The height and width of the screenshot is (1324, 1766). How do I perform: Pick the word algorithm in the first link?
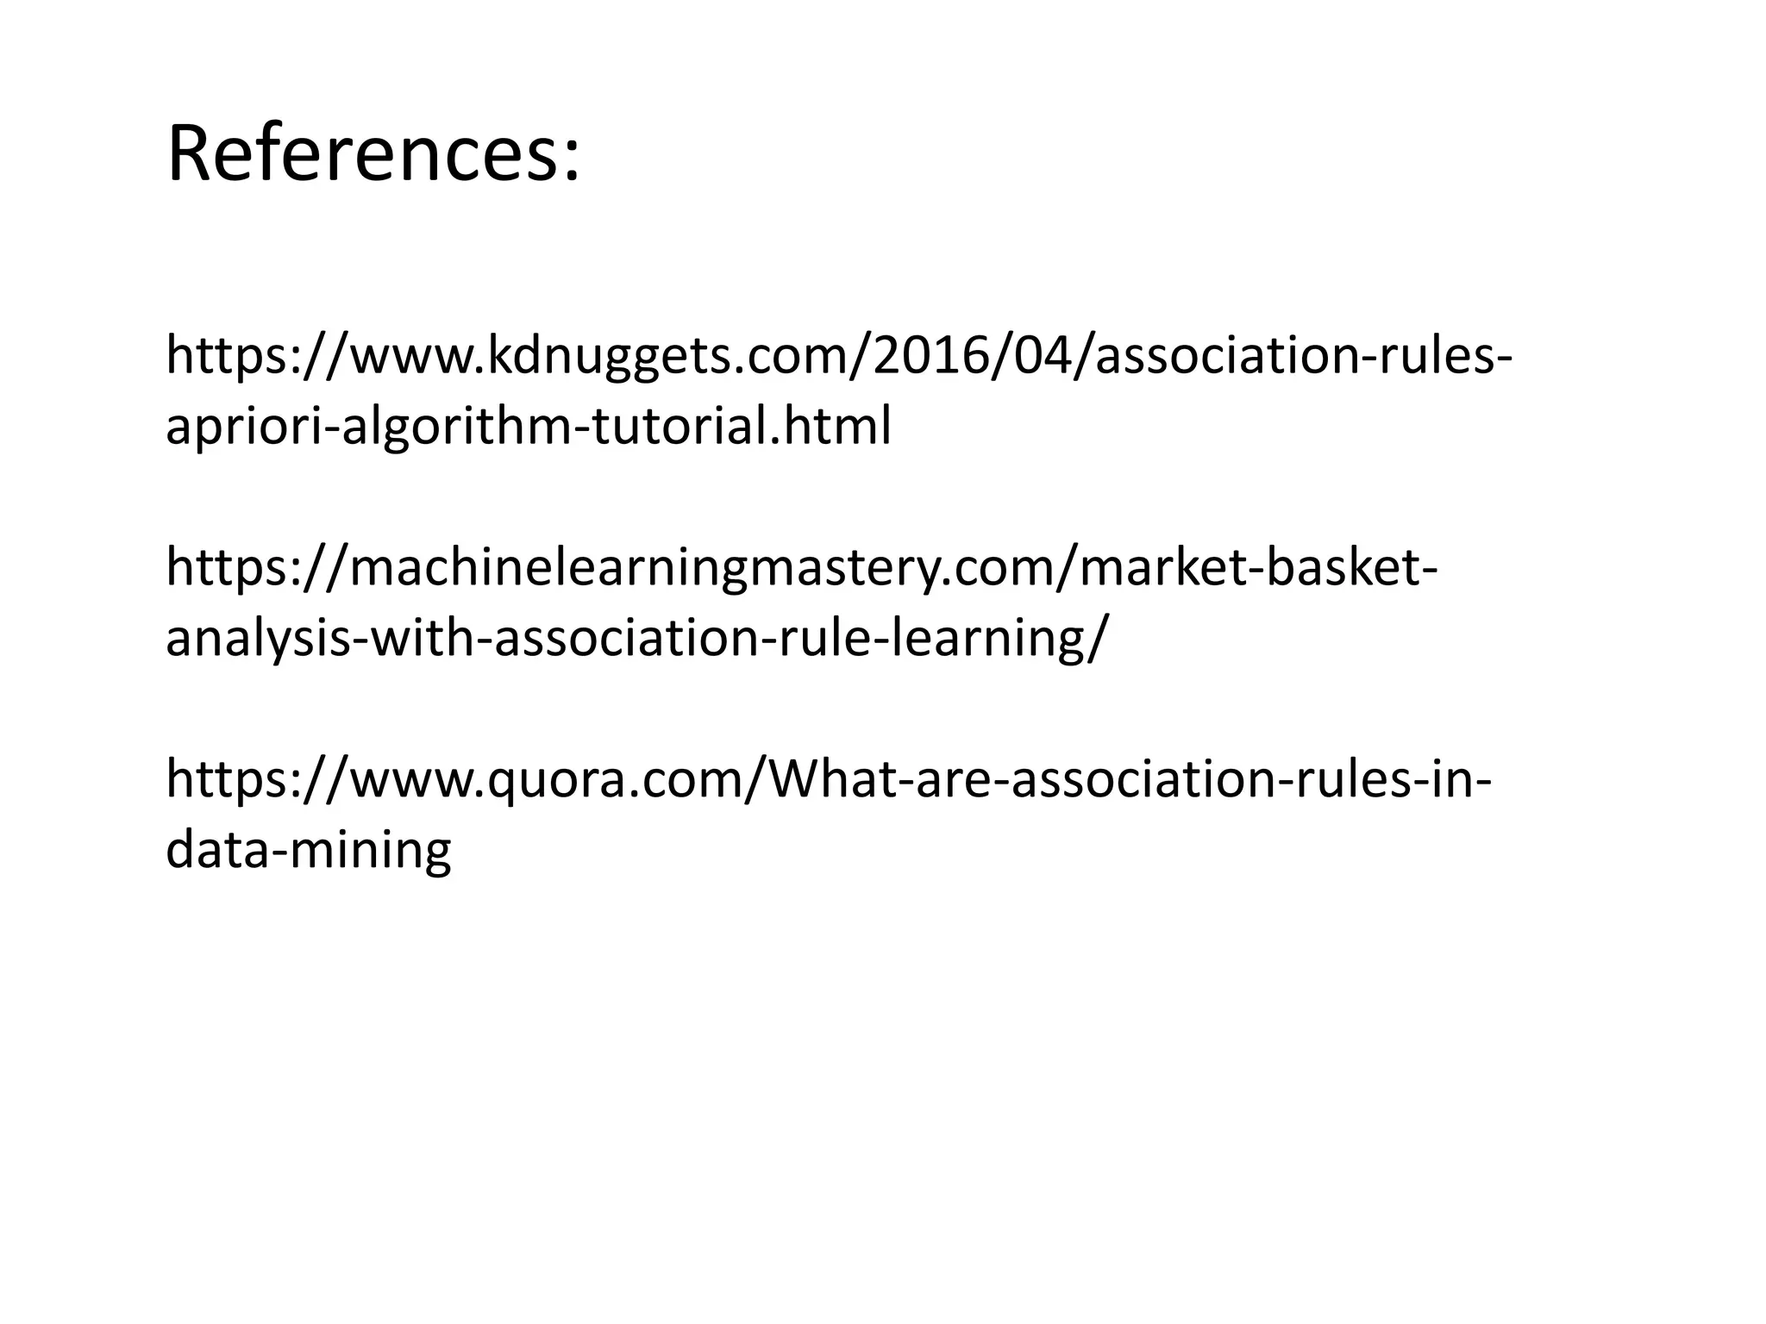coord(449,428)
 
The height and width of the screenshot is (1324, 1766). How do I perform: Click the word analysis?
coord(258,639)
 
